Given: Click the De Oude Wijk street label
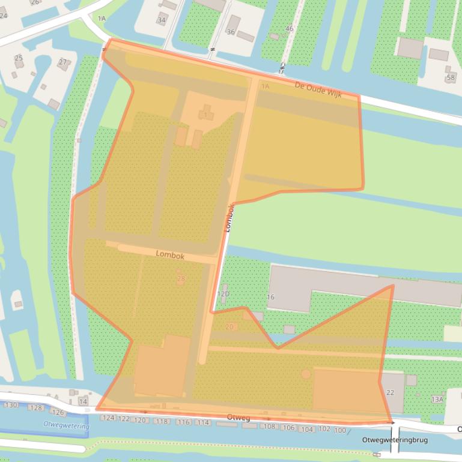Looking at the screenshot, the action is point(317,89).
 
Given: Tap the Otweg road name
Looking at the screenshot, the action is point(239,417).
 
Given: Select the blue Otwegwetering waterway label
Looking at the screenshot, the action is point(66,425).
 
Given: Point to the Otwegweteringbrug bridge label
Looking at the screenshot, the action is point(395,440).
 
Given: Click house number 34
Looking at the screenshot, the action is point(161,20).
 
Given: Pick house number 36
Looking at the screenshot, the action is point(231,32).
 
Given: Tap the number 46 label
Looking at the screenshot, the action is point(290,29).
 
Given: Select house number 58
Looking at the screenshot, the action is point(451,78).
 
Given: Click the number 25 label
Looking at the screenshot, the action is point(19,58).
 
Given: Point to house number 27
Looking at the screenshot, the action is point(62,62).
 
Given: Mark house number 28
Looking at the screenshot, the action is point(181,278).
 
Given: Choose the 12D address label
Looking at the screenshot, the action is point(223,294).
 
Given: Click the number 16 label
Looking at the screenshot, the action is point(270,297).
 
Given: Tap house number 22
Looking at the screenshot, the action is point(390,392).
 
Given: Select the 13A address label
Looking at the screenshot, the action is point(437,399).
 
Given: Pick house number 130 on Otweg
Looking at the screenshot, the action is point(11,406).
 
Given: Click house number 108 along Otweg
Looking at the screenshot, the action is point(269,427).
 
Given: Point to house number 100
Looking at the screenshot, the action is point(340,430).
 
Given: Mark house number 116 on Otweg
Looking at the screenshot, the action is point(183,422).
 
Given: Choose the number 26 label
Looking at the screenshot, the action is point(34,2).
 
